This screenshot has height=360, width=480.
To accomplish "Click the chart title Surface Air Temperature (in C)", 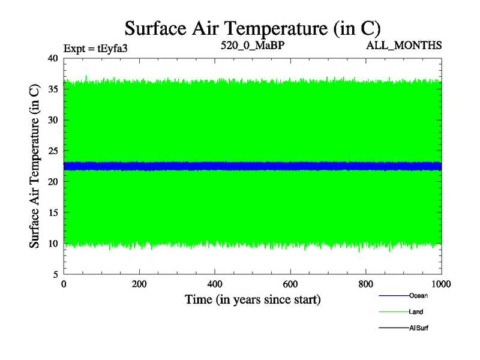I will [253, 28].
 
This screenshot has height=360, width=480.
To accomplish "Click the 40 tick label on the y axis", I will [53, 58].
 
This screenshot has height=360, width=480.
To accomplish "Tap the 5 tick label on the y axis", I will [55, 275].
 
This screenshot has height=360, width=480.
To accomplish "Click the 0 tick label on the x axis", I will [64, 284].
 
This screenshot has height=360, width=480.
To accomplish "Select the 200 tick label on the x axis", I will [140, 284].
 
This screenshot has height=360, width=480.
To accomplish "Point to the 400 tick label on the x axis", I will [215, 284].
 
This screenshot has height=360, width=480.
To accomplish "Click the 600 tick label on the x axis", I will [290, 284].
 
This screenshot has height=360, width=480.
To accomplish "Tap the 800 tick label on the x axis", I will [366, 284].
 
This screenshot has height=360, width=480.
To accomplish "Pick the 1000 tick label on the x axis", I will [441, 284].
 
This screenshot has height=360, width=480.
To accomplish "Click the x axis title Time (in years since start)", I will [253, 299].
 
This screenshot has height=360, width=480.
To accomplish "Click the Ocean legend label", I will [418, 296].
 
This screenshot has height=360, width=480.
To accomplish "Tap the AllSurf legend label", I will [418, 328].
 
